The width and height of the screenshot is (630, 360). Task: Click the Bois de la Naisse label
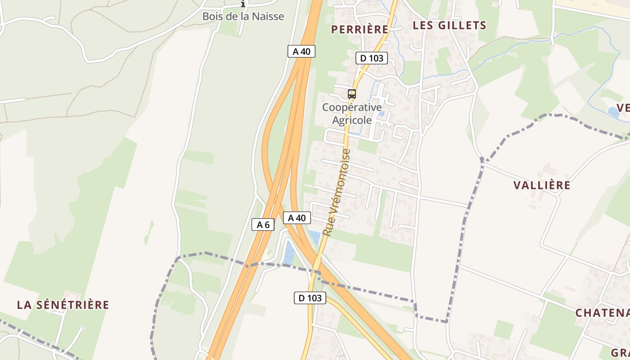(243, 17)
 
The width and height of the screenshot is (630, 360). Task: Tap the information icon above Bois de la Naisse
(243, 4)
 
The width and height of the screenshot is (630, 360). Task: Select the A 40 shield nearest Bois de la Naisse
(301, 51)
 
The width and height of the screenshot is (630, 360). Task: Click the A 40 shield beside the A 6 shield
(297, 218)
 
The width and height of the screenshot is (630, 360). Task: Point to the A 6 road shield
(263, 225)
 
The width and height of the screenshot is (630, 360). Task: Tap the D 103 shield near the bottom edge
(310, 298)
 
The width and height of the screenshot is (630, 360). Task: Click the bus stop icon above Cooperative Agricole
(352, 94)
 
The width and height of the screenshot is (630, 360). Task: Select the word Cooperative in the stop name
(352, 108)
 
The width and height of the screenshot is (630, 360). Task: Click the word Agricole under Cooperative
(352, 120)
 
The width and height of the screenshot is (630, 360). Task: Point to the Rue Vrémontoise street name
(337, 193)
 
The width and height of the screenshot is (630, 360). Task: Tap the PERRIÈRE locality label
(360, 30)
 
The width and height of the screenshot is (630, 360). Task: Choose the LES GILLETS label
(450, 26)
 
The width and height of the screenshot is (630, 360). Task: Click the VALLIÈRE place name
(542, 185)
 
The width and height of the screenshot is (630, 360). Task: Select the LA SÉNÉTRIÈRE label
(63, 305)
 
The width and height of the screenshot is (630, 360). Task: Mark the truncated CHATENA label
(603, 313)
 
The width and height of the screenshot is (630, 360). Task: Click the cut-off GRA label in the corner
(620, 352)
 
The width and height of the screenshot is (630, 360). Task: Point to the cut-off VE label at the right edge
(623, 108)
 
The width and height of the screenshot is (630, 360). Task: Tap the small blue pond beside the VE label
(612, 111)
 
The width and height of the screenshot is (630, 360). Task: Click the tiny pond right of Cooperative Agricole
(382, 114)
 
